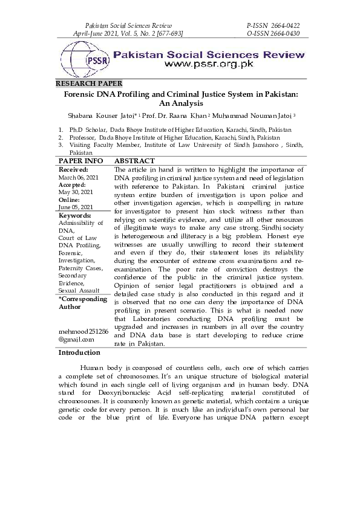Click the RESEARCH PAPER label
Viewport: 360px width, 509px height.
click(x=89, y=83)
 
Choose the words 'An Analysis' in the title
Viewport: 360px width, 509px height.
click(x=180, y=104)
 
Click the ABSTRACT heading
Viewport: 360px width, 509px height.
click(x=134, y=161)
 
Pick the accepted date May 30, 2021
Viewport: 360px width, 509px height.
click(x=76, y=192)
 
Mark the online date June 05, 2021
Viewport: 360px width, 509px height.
click(x=76, y=207)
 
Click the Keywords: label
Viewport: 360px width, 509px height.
click(x=74, y=215)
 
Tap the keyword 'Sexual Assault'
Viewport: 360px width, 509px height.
click(x=79, y=291)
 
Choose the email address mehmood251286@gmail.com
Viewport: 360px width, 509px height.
click(x=83, y=336)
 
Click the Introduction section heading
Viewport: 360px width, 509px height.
click(x=79, y=352)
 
